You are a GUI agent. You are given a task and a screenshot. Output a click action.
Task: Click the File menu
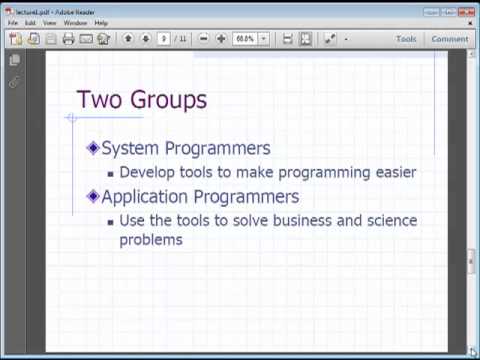(13, 22)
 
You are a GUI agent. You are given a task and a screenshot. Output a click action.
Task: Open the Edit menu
(30, 22)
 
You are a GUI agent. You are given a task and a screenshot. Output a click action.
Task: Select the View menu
(49, 22)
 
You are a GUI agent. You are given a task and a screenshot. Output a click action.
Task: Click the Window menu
(75, 22)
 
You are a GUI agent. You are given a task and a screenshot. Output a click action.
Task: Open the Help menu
(101, 22)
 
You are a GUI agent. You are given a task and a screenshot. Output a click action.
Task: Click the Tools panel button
(406, 39)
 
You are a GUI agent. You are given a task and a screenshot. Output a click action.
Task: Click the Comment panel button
(449, 39)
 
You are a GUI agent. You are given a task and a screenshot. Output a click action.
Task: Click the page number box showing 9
(164, 39)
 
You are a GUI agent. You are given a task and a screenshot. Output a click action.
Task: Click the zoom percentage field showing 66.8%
(244, 39)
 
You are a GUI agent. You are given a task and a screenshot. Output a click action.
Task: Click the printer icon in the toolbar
(68, 39)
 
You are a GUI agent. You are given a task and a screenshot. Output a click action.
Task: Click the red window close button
(467, 7)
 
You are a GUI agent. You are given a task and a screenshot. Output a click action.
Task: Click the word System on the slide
(130, 149)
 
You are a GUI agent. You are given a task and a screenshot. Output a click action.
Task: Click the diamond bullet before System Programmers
(93, 148)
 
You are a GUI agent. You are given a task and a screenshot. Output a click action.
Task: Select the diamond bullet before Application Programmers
(93, 196)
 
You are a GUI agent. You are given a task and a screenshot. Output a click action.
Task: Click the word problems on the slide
(150, 240)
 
